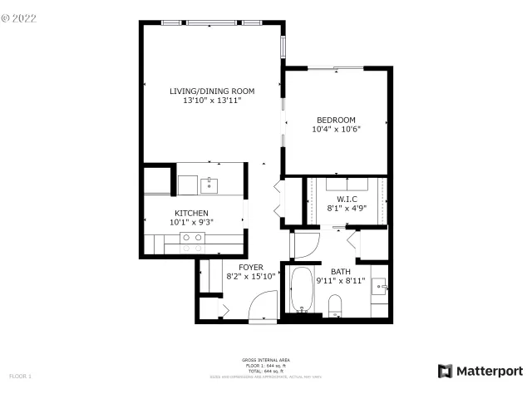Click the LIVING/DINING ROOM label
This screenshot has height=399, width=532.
point(212,91)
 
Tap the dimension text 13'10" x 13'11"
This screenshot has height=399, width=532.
point(212,101)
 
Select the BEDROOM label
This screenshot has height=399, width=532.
point(336,120)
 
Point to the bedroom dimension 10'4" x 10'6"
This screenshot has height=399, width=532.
point(336,129)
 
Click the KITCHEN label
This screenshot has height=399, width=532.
point(190,214)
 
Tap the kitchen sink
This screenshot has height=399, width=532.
point(207,183)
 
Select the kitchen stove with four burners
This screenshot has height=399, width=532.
point(193,242)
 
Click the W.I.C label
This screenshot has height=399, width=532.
point(347,199)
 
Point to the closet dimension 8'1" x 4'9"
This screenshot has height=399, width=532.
point(347,209)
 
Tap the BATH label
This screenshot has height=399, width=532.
point(341,272)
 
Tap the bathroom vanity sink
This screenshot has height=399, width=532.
point(379,288)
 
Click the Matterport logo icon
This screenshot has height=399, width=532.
point(446,371)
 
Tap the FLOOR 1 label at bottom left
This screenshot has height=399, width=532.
point(20,377)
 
